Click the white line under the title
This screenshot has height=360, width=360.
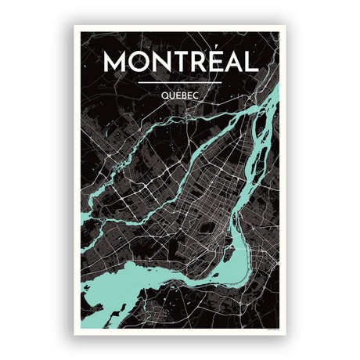180,81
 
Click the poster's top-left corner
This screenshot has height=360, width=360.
75,27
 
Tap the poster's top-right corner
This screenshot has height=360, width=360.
286,27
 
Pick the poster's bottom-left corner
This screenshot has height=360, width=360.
75,334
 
